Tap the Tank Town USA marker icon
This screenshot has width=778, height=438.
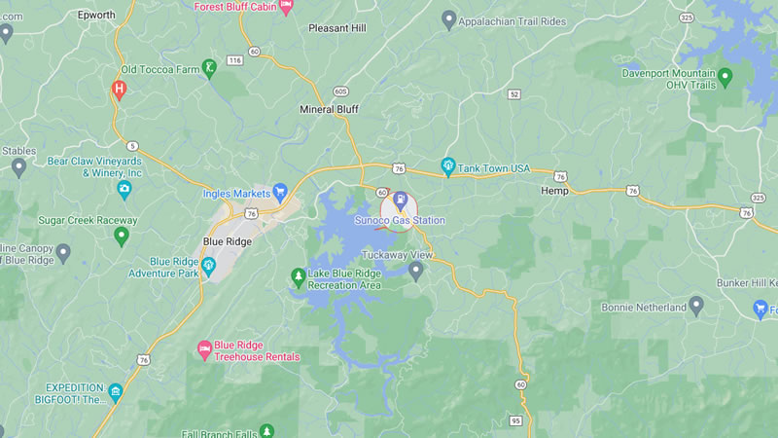(448, 166)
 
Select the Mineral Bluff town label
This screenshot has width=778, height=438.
(329, 109)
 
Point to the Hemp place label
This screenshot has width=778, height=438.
(554, 192)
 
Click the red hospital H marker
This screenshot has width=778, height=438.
(119, 90)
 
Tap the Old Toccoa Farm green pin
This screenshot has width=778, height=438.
(208, 68)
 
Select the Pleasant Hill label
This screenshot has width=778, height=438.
(336, 28)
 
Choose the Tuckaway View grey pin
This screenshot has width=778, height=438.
(416, 270)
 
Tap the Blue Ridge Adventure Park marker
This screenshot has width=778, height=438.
(208, 265)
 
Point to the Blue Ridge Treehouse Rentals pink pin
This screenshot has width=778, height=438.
(204, 347)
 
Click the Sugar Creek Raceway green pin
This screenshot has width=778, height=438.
(122, 236)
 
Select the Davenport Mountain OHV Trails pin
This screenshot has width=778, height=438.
(725, 74)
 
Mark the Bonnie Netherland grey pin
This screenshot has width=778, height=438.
(696, 307)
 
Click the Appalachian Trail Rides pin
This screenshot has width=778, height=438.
(448, 18)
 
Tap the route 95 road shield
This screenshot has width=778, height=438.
(515, 420)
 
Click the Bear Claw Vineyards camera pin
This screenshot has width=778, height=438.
(124, 189)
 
